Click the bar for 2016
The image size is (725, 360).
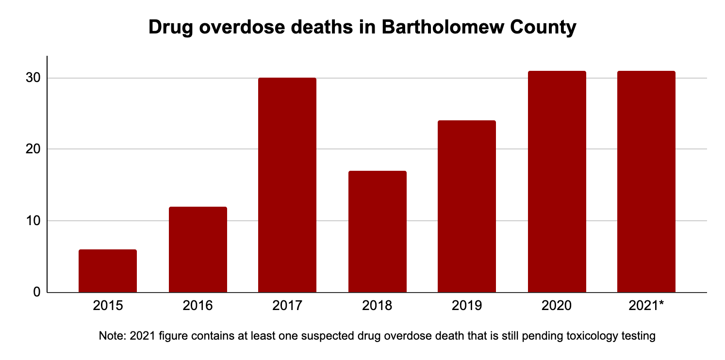click(x=198, y=249)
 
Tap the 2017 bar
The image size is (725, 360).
click(x=287, y=185)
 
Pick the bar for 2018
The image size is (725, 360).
click(x=377, y=231)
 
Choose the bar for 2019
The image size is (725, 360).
click(x=467, y=206)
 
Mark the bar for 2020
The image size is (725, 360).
click(x=557, y=181)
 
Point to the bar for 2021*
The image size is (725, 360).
click(x=646, y=181)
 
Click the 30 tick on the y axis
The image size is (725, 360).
click(x=33, y=78)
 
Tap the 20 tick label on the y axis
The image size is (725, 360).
click(x=33, y=149)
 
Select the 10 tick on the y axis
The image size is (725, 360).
click(x=33, y=221)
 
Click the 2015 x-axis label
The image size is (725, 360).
click(x=108, y=306)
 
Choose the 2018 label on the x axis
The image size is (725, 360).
click(x=377, y=306)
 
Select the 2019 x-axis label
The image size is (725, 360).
click(x=467, y=306)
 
